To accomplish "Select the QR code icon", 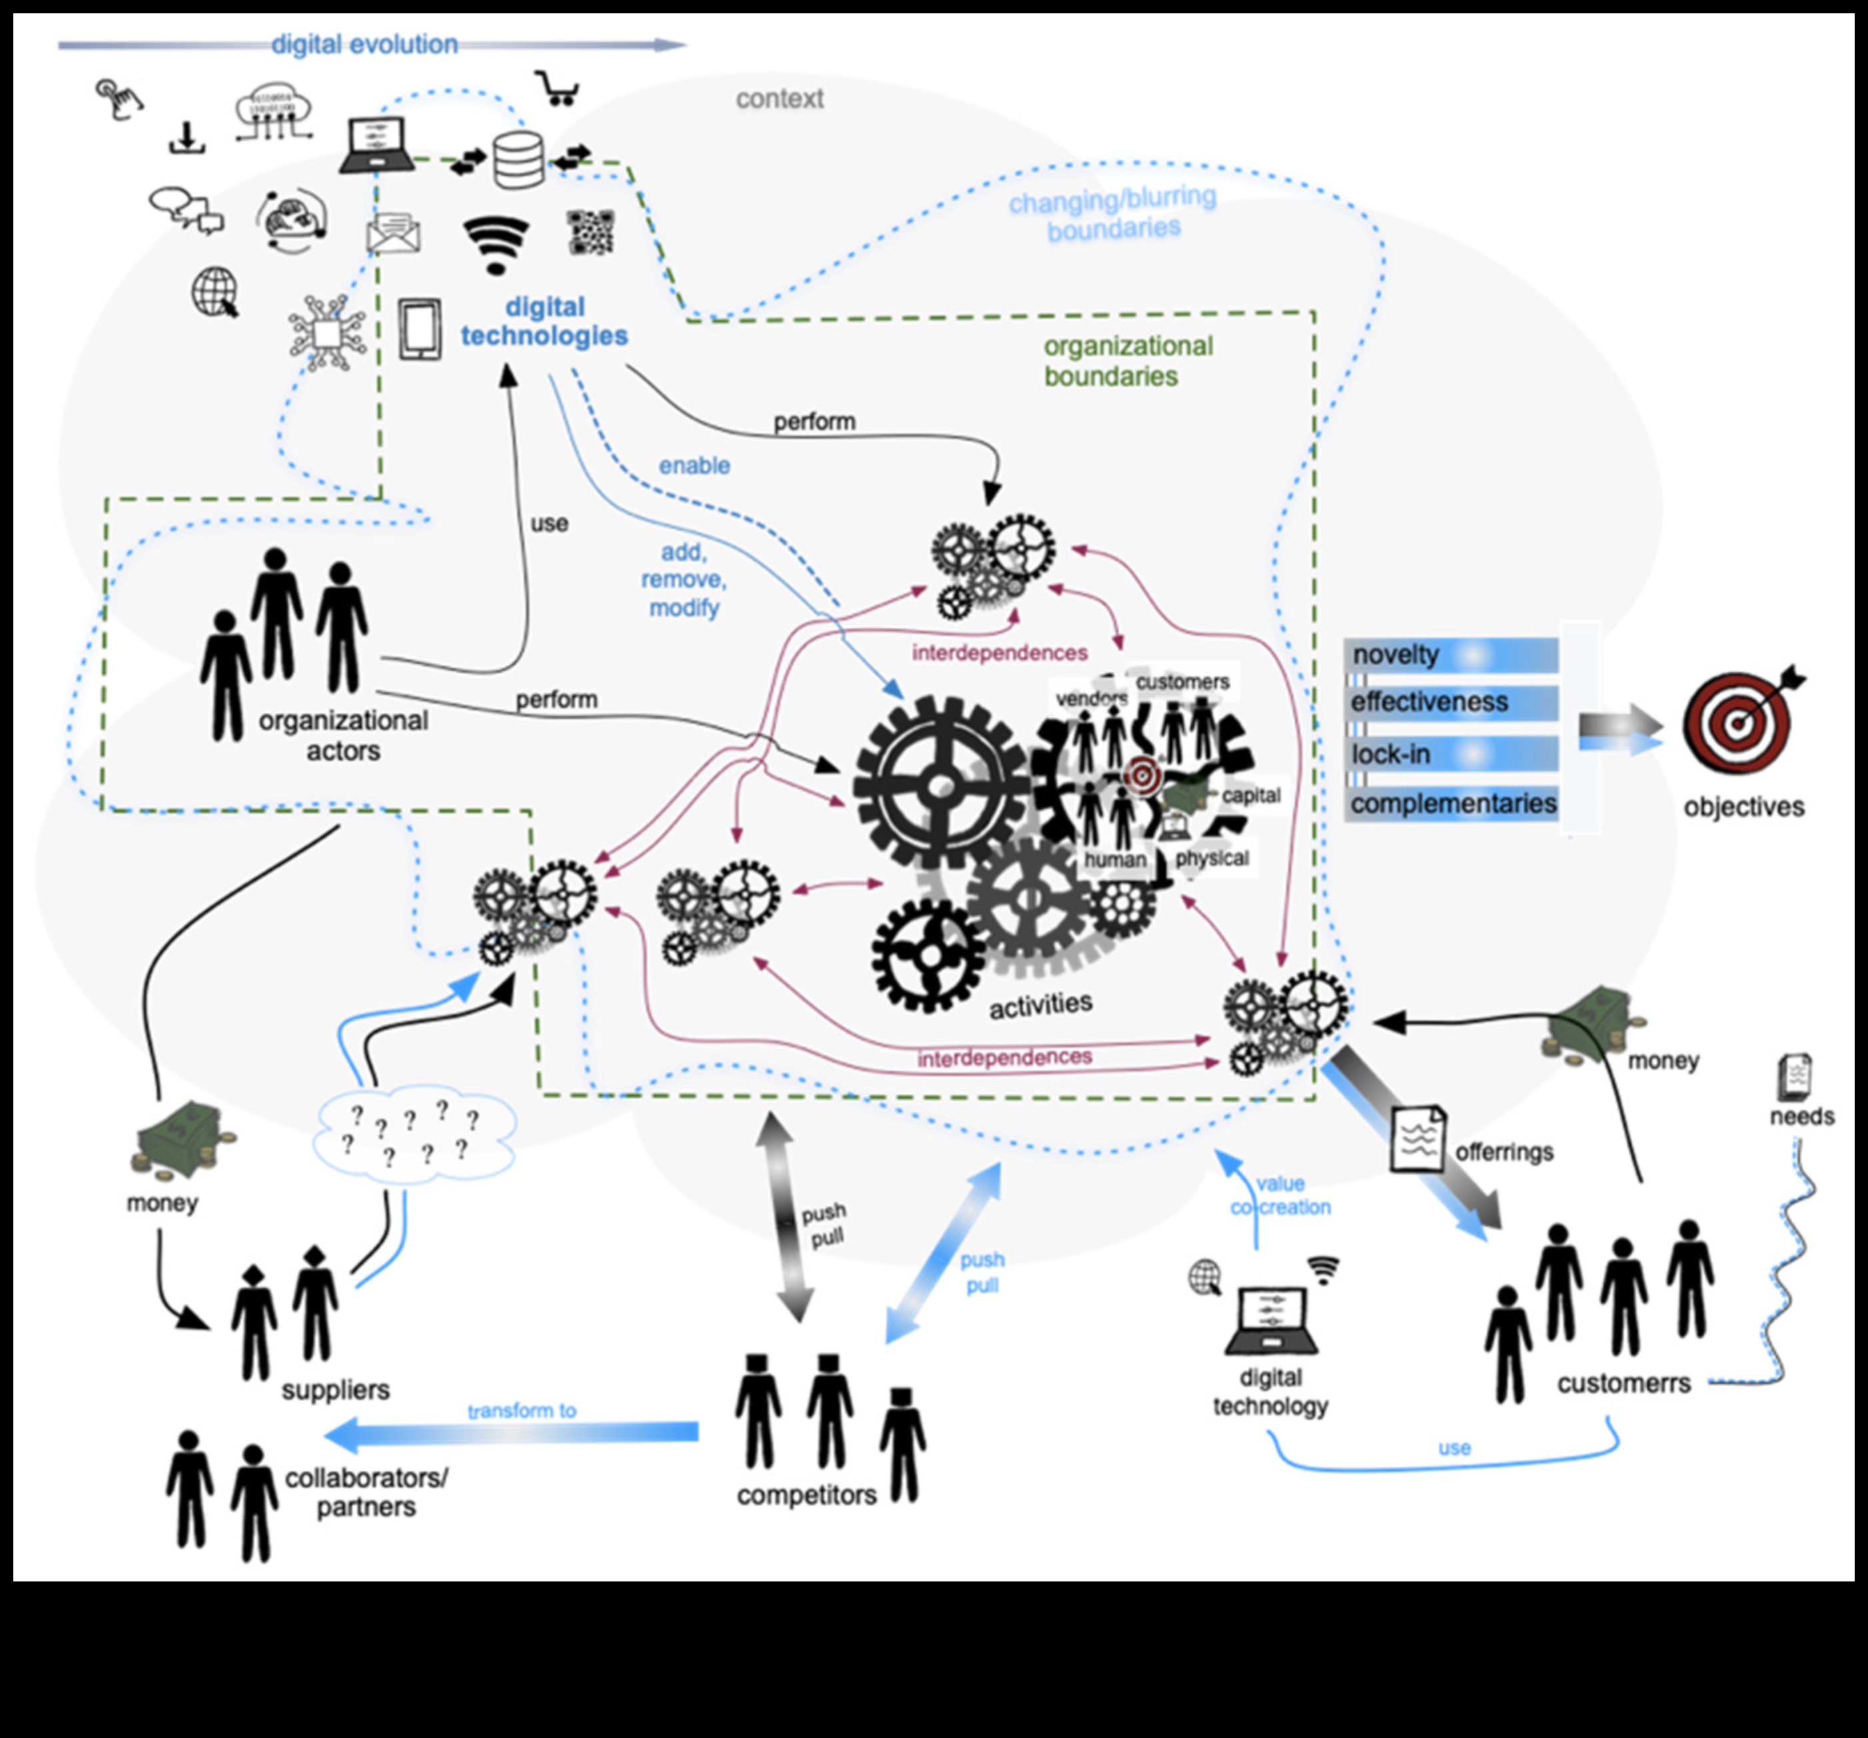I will pos(591,232).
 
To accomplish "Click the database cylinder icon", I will pos(519,160).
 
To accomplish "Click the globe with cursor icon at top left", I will pos(215,292).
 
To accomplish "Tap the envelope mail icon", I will pos(393,233).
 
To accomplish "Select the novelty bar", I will pos(1451,655).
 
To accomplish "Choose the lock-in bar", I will pos(1451,753).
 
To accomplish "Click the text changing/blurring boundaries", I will pos(1113,213).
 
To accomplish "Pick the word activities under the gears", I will pos(1040,1005).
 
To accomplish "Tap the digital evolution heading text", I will pos(364,44).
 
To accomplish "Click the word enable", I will pos(694,465).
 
